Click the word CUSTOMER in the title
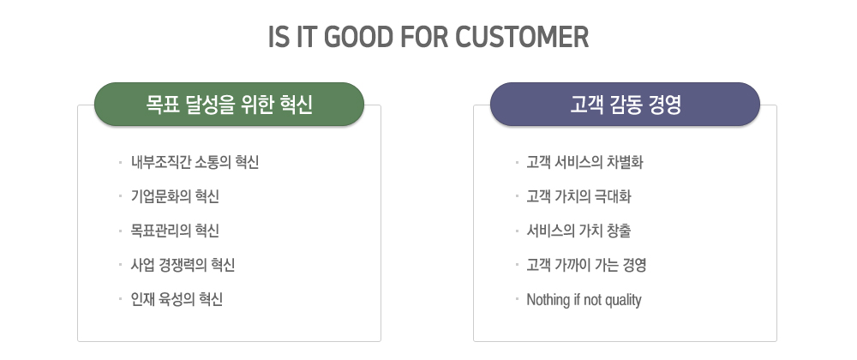click(x=522, y=37)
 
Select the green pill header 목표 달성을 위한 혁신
click(x=229, y=105)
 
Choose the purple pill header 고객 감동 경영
click(x=625, y=105)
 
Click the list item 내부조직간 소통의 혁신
click(x=195, y=162)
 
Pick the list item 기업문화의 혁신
click(x=175, y=196)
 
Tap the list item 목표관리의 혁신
click(x=175, y=231)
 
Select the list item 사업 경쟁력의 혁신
click(x=183, y=266)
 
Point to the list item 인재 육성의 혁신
click(x=177, y=299)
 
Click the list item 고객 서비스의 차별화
click(x=584, y=162)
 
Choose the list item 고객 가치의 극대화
click(x=578, y=196)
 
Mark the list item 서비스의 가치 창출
click(x=578, y=231)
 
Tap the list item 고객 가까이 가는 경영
click(x=586, y=266)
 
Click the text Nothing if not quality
click(x=584, y=300)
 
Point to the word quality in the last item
click(x=624, y=301)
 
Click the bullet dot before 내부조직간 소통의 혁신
click(x=120, y=162)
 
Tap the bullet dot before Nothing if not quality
click(x=516, y=299)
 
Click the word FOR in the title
click(x=425, y=37)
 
